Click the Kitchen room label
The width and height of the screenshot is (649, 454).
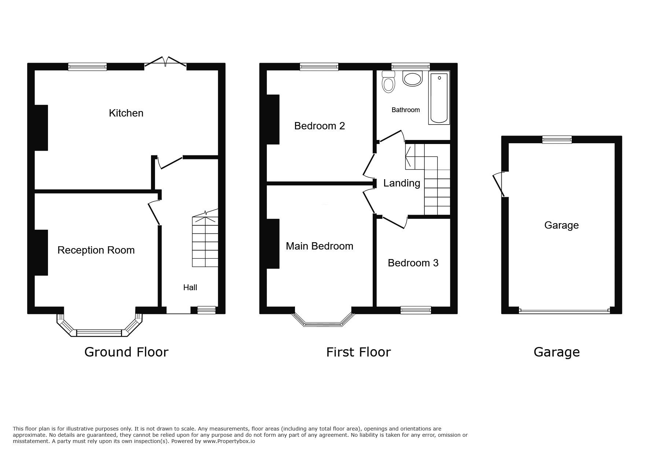126,113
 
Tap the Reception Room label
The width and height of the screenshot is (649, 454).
96,250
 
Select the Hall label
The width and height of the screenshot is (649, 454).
190,288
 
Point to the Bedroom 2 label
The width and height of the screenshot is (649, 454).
320,126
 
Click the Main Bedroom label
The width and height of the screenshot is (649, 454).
320,246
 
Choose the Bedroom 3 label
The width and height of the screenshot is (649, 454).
413,263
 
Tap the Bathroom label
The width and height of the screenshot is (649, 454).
406,110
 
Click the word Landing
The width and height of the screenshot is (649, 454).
402,183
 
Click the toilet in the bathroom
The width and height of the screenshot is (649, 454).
388,81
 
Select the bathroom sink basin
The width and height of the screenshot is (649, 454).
413,78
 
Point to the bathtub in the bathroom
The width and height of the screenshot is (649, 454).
439,98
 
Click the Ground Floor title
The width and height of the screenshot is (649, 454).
126,352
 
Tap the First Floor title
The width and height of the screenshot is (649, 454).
358,352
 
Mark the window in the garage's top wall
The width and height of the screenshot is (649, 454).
557,140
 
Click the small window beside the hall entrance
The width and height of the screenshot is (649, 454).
206,310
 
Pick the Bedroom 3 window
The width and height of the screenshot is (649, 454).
416,310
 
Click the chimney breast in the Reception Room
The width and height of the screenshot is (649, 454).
41,252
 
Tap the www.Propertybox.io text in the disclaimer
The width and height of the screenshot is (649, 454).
229,442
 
